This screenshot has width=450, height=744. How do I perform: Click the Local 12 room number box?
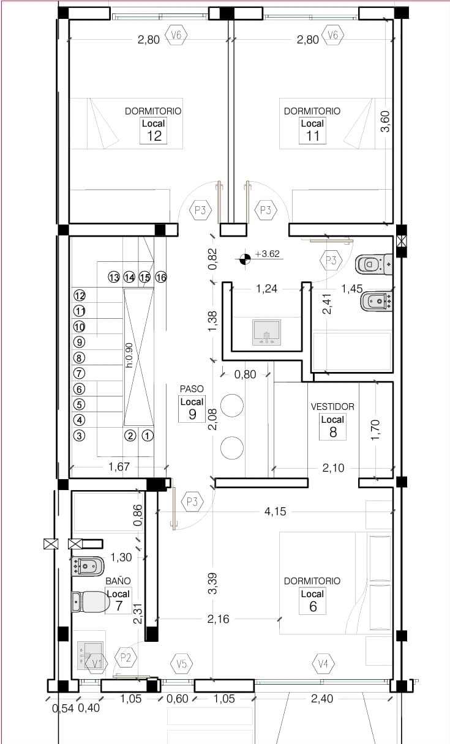(154, 130)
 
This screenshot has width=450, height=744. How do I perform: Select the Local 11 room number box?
(312, 130)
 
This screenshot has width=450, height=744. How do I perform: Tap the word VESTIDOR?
(332, 406)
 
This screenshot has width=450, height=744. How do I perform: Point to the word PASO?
(192, 389)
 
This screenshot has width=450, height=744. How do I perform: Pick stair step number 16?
(161, 277)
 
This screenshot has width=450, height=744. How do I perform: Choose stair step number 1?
(148, 436)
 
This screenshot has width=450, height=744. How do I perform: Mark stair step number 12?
(79, 294)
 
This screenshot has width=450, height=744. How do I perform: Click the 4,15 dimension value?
(276, 511)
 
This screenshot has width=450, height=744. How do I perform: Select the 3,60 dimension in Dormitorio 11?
(384, 121)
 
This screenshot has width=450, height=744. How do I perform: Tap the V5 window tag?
(181, 663)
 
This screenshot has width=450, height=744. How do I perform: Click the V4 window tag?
(323, 663)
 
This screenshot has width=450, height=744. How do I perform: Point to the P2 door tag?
(126, 658)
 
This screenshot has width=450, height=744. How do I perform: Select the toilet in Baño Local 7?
(90, 601)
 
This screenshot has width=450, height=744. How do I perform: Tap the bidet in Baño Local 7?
(86, 566)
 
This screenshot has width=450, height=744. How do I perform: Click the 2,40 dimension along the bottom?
(322, 698)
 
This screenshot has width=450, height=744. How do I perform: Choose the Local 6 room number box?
(312, 601)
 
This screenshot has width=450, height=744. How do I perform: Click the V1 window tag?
(94, 663)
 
